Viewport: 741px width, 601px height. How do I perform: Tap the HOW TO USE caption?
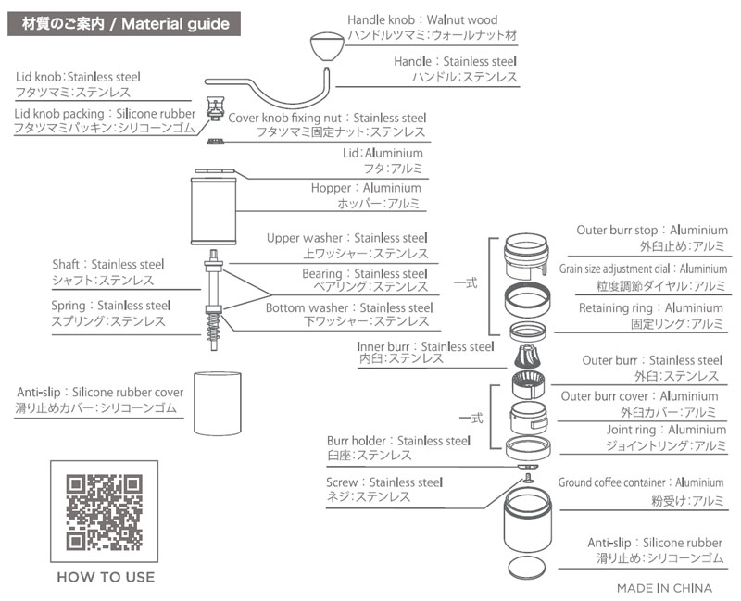pyautogui.click(x=106, y=577)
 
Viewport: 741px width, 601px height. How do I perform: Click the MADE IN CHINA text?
pyautogui.click(x=664, y=587)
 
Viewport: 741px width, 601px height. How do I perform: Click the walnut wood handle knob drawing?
pyautogui.click(x=325, y=44)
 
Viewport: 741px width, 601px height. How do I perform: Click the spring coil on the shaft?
pyautogui.click(x=213, y=324)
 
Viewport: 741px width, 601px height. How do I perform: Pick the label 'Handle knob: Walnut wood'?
pyautogui.click(x=422, y=19)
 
